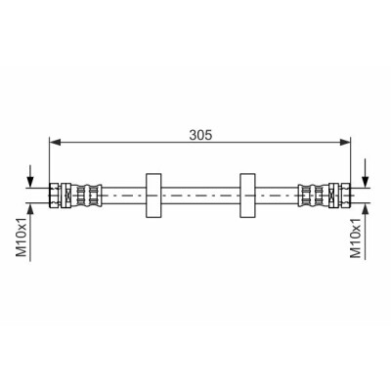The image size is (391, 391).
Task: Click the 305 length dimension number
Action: (x=200, y=135)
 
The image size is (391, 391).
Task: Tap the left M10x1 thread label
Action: (x=22, y=238)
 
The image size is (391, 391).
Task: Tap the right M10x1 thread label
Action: (x=356, y=239)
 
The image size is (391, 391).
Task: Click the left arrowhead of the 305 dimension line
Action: (x=55, y=142)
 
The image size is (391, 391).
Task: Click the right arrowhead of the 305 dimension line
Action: (x=345, y=142)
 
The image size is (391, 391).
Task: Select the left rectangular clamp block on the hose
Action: (x=153, y=195)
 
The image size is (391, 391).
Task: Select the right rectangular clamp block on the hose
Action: (x=247, y=195)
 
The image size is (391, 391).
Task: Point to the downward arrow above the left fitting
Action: (x=30, y=176)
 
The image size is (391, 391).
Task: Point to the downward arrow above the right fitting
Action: (x=366, y=173)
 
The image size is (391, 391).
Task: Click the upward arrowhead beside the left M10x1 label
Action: (x=30, y=208)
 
